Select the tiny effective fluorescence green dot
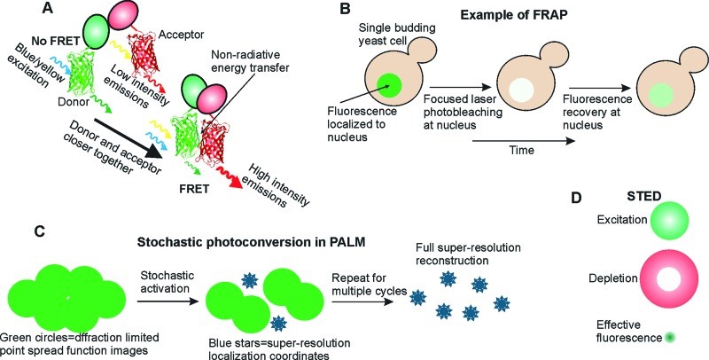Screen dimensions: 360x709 pos(666,338)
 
